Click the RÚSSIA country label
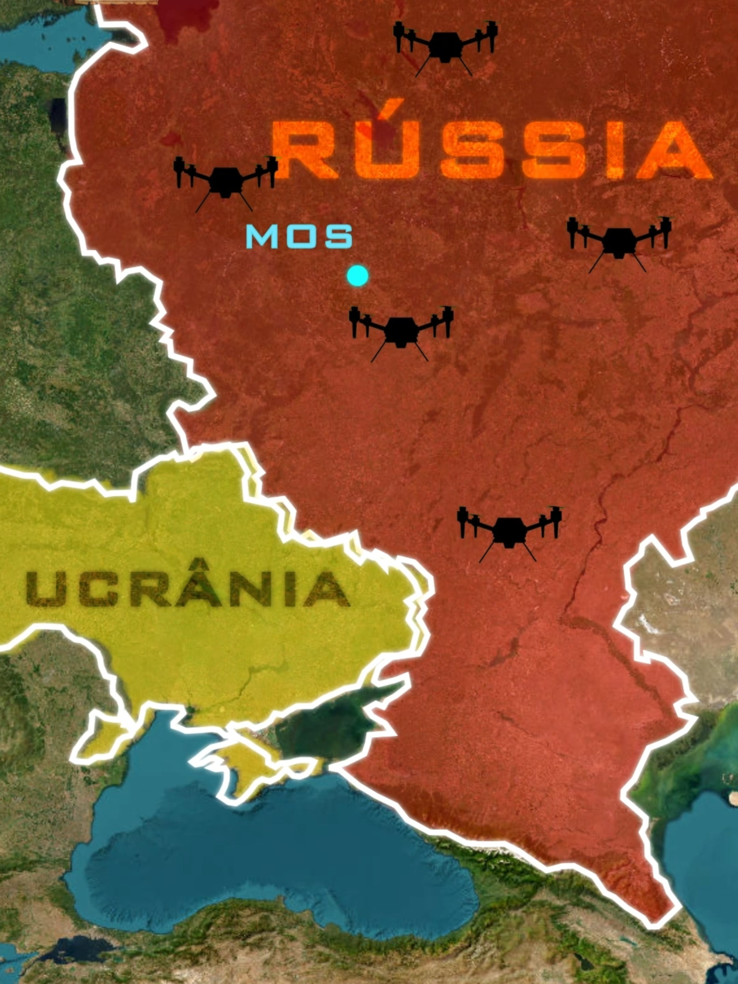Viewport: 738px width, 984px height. [492, 148]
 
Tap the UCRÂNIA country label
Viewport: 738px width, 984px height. [187, 588]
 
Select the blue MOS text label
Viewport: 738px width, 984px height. [299, 237]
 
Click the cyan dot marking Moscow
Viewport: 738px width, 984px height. [358, 276]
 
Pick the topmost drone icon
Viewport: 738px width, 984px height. [445, 47]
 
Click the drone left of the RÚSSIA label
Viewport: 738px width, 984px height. [225, 182]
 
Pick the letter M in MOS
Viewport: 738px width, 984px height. [263, 237]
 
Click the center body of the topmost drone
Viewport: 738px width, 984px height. [445, 47]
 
